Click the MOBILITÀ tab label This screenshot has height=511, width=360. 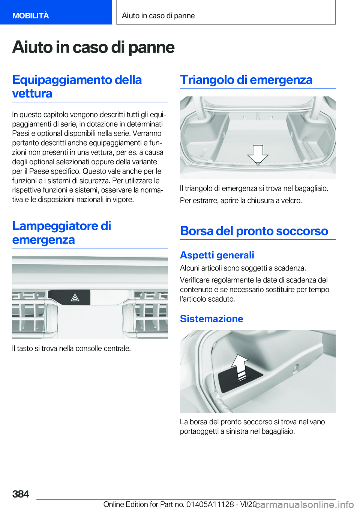click(x=30, y=15)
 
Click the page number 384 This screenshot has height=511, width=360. click(x=21, y=494)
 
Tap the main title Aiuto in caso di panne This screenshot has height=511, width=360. click(x=93, y=48)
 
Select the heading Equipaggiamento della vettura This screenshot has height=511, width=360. click(x=77, y=86)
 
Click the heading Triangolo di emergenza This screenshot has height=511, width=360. click(x=246, y=80)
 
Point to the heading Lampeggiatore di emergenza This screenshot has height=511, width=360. click(x=61, y=233)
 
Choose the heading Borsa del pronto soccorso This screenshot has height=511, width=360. click(x=254, y=231)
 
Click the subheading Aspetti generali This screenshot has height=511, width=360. click(x=217, y=255)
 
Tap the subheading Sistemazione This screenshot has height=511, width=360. click(x=211, y=319)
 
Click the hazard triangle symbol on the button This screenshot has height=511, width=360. click(x=75, y=298)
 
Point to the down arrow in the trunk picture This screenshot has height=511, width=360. click(x=258, y=154)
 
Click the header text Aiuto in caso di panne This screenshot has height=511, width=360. click(x=158, y=15)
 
